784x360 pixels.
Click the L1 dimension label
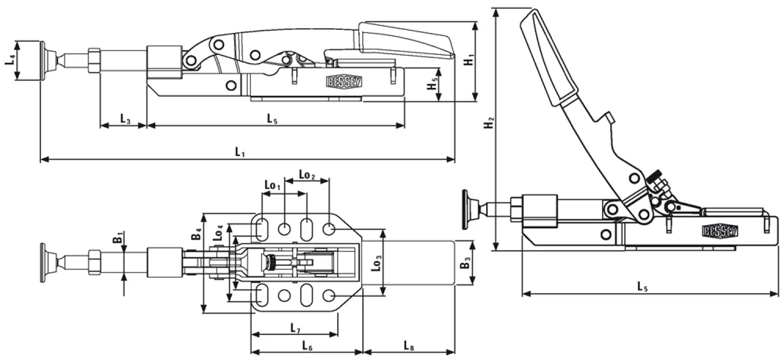point(240,152)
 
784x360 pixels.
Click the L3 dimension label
point(125,119)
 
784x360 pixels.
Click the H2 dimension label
point(488,124)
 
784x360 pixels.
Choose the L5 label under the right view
point(642,286)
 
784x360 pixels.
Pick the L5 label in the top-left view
point(272,119)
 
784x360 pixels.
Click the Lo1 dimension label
point(272,185)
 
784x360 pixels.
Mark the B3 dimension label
point(464,264)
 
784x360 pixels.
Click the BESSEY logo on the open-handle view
point(719,230)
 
